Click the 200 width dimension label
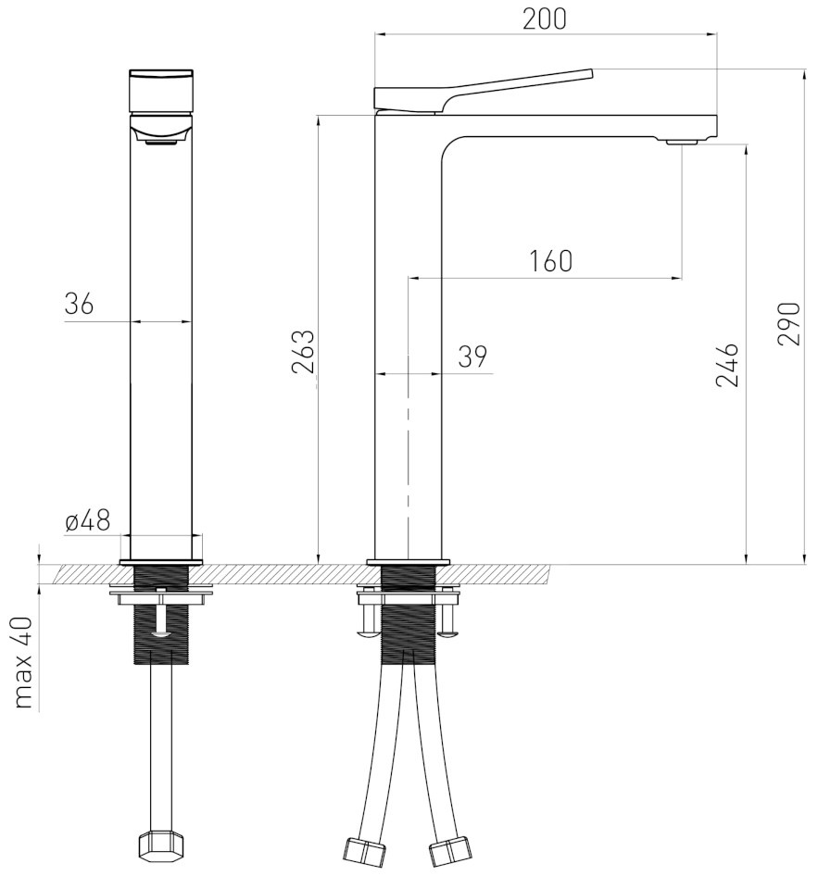(544, 19)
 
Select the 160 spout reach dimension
(550, 261)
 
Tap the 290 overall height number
(789, 324)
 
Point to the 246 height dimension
(727, 365)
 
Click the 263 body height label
(303, 352)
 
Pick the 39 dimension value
(472, 356)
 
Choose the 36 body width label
(79, 305)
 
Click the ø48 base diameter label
(88, 521)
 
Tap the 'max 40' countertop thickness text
(23, 663)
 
